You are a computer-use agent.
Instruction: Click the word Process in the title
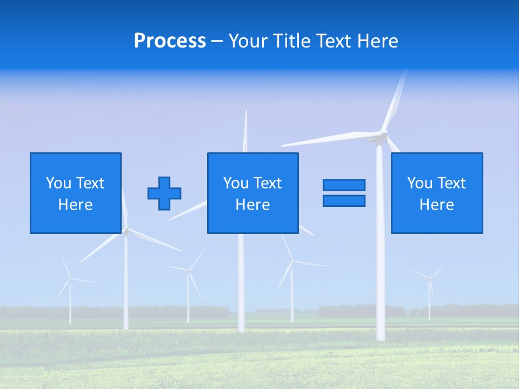[x=170, y=41]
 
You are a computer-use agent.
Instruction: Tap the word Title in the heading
[x=295, y=41]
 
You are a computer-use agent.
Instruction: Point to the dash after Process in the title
[x=217, y=41]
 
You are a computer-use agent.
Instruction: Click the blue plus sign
[x=164, y=193]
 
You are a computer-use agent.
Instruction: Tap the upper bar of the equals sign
[x=344, y=185]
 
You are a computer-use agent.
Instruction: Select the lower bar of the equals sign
[x=344, y=201]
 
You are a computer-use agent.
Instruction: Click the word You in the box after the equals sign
[x=419, y=183]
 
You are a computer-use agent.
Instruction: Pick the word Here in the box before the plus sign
[x=75, y=205]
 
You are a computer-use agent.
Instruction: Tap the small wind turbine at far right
[x=429, y=286]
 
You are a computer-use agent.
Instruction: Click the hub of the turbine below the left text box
[x=126, y=231]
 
